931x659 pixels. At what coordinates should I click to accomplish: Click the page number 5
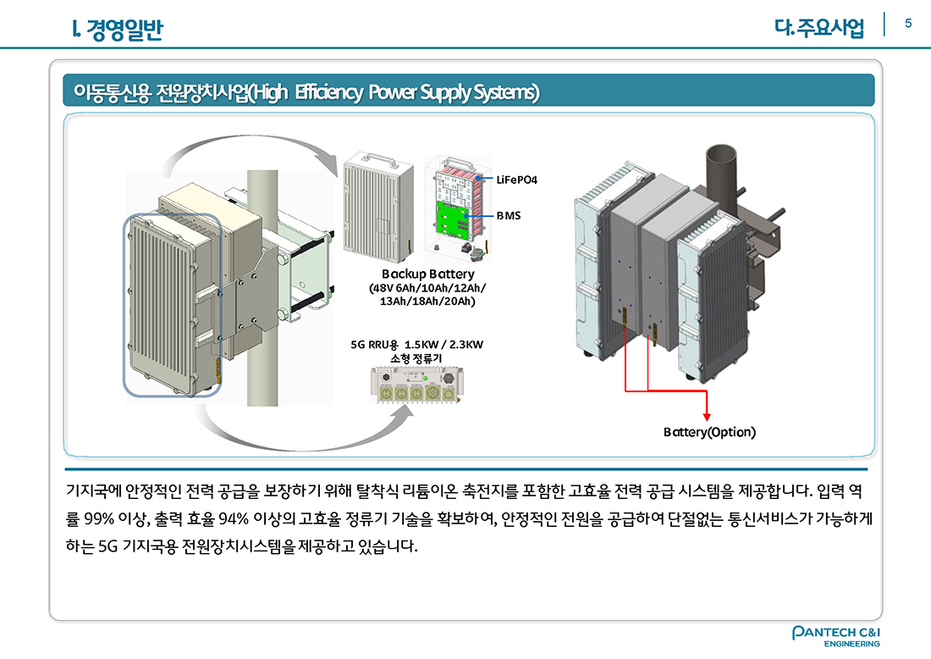tap(908, 23)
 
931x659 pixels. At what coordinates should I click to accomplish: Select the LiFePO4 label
tap(516, 180)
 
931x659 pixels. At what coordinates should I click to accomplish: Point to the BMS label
tap(508, 216)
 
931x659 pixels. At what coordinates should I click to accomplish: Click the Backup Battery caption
tap(427, 274)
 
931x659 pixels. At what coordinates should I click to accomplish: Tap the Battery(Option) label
tap(708, 432)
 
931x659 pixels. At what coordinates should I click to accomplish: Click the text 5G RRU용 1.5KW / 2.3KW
tap(416, 345)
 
